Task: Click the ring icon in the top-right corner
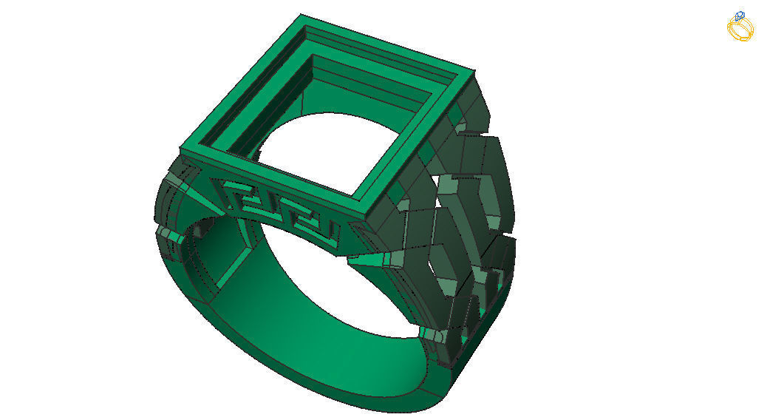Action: [x=740, y=27]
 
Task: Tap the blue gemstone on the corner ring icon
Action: [x=739, y=16]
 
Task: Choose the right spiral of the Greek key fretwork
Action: [x=303, y=219]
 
